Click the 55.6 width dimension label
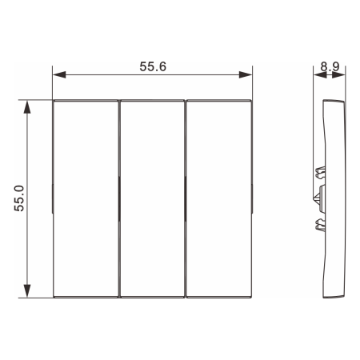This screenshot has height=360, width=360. point(153,66)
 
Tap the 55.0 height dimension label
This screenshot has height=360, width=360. point(19,198)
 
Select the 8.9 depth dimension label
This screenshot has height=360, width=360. point(330,66)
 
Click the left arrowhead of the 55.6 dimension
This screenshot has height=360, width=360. point(59,74)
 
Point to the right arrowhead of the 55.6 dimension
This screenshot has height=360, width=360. point(246,74)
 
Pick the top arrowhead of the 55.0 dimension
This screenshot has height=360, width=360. point(27,107)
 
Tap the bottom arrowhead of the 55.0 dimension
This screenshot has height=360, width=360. point(27,291)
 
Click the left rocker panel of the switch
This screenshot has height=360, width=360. point(86,199)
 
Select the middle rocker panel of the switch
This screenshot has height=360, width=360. point(152,199)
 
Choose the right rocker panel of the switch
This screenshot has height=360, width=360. point(218,199)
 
